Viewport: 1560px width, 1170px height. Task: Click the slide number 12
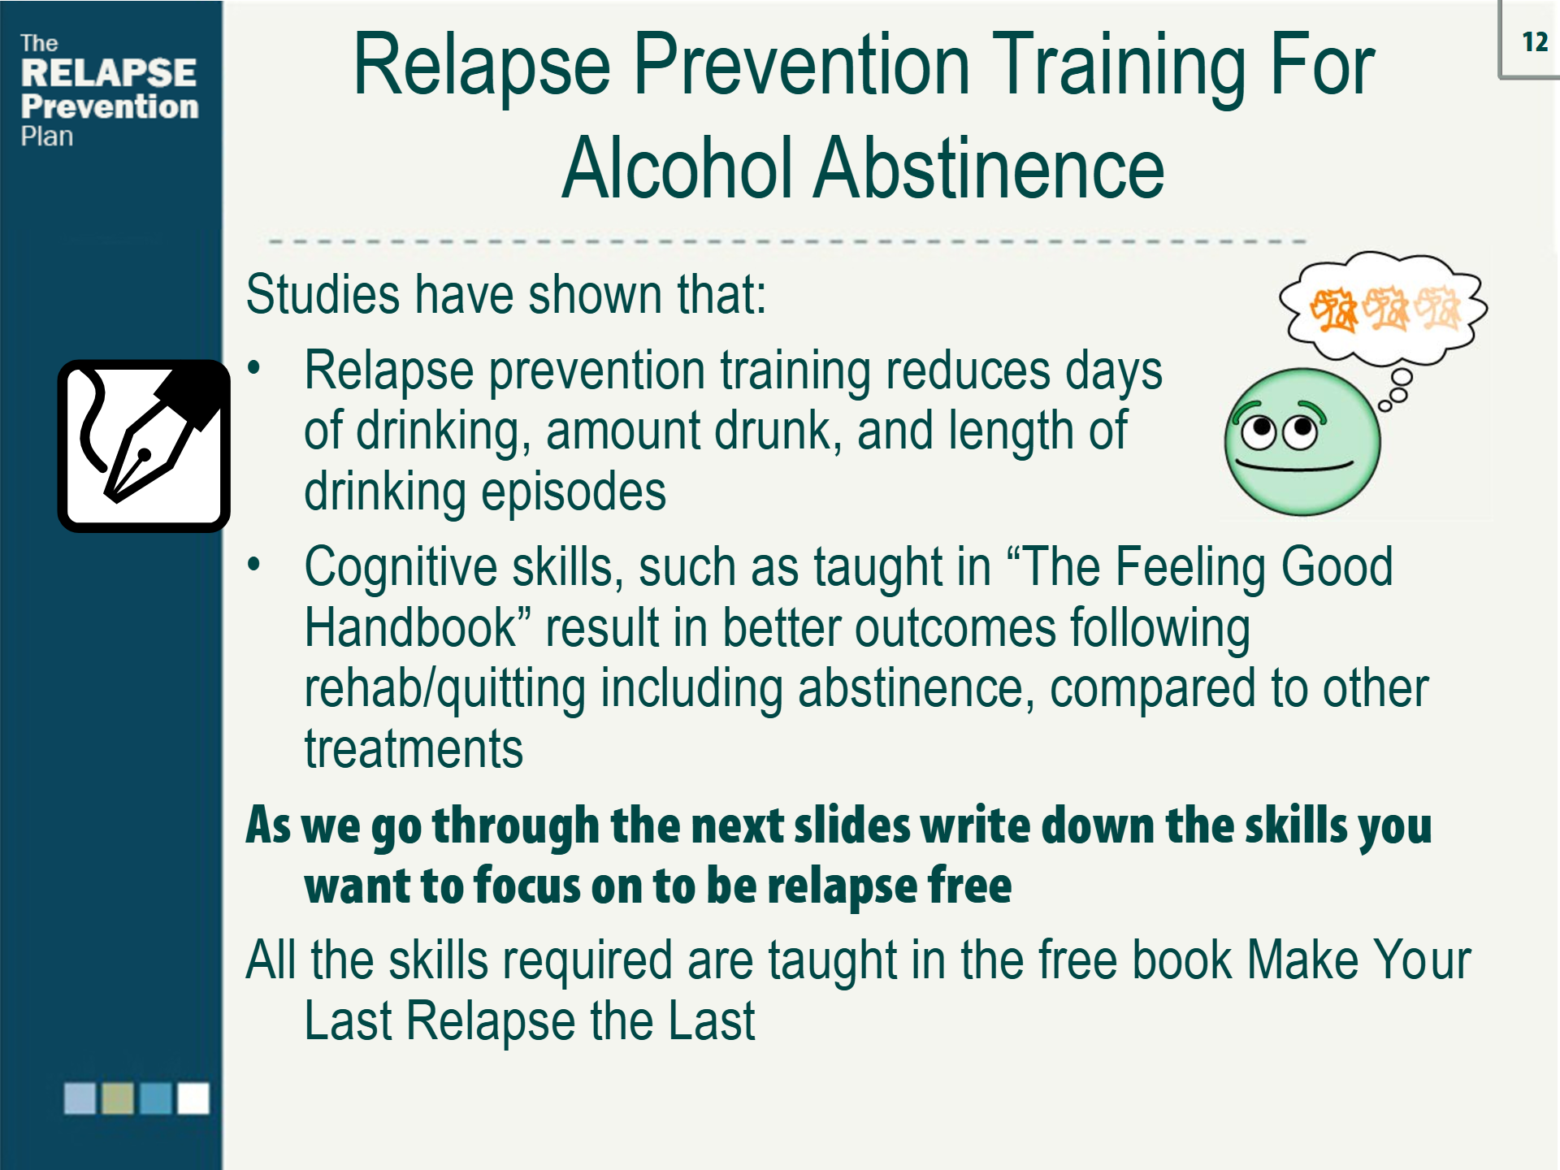tap(1534, 41)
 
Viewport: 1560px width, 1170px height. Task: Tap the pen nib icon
tap(144, 446)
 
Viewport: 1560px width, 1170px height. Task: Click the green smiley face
tap(1302, 442)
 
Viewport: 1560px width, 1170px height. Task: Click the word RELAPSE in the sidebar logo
tap(108, 73)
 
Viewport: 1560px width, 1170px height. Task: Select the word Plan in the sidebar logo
tap(46, 136)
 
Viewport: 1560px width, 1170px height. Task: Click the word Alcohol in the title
tap(678, 168)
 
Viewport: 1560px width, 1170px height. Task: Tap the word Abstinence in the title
tap(989, 168)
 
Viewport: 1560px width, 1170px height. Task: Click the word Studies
tap(323, 294)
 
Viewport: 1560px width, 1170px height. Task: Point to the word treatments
tap(414, 748)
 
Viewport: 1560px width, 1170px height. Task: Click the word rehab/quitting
tap(444, 689)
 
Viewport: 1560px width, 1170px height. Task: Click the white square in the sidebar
tap(193, 1098)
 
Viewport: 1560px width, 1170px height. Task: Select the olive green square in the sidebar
tap(118, 1098)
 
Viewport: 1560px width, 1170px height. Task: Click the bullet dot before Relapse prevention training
tap(254, 369)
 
